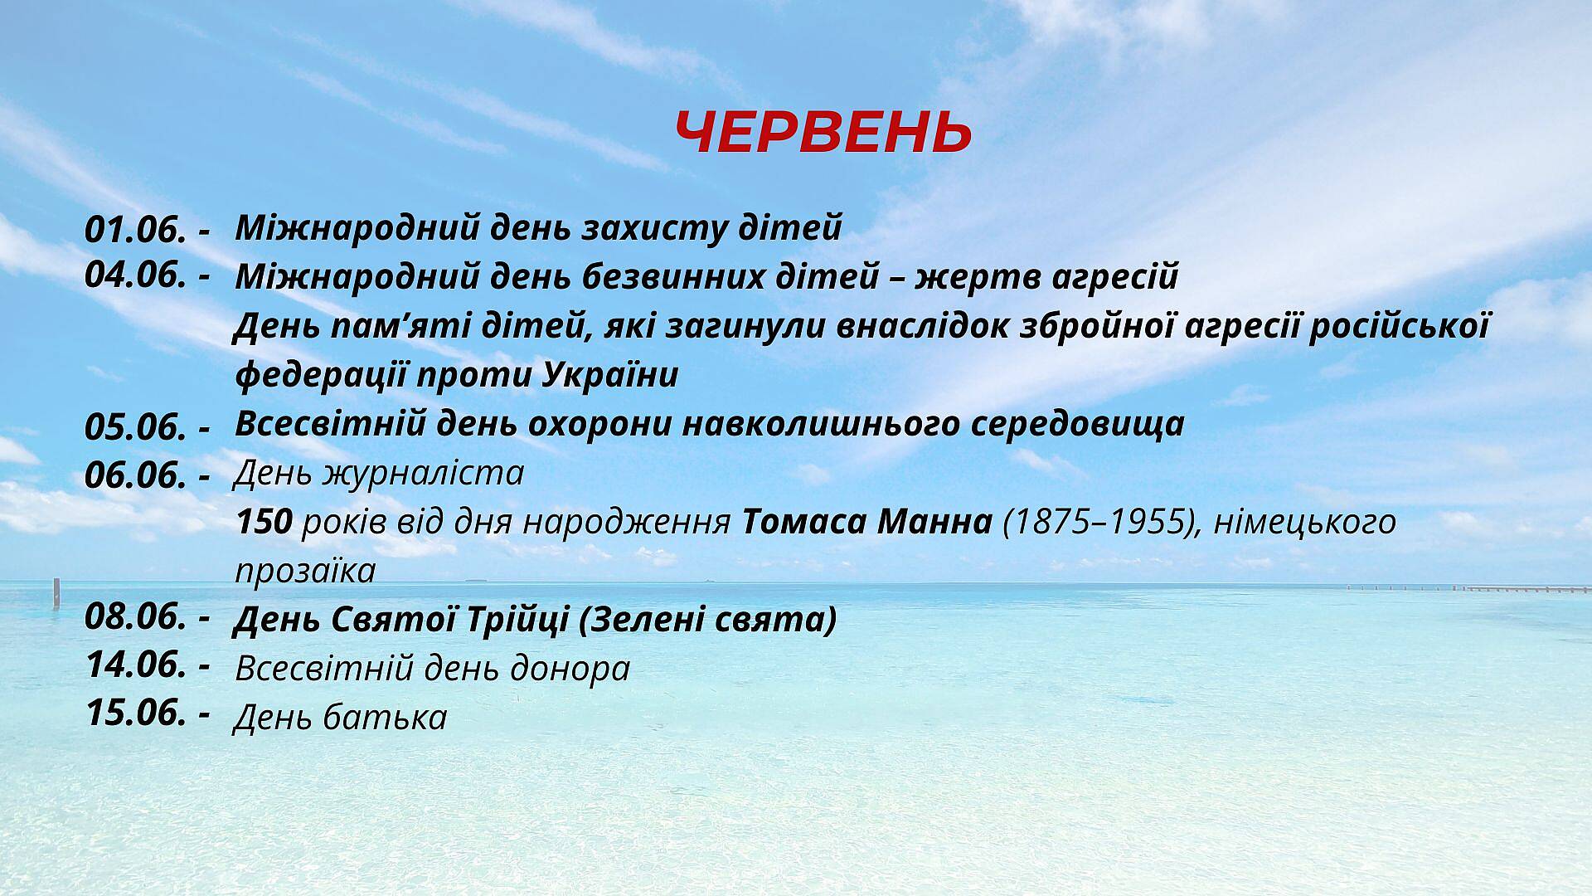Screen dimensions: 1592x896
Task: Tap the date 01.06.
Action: click(x=135, y=230)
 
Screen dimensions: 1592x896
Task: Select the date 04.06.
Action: click(x=135, y=275)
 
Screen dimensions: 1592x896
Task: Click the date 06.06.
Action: click(x=135, y=475)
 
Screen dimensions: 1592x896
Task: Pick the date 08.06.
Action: click(x=135, y=617)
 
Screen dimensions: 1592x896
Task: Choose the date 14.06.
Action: click(x=135, y=665)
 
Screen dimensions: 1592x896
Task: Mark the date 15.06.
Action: click(x=135, y=713)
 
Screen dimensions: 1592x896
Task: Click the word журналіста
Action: click(x=423, y=474)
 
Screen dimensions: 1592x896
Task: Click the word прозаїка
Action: click(x=305, y=572)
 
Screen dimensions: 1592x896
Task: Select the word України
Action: click(x=611, y=376)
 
